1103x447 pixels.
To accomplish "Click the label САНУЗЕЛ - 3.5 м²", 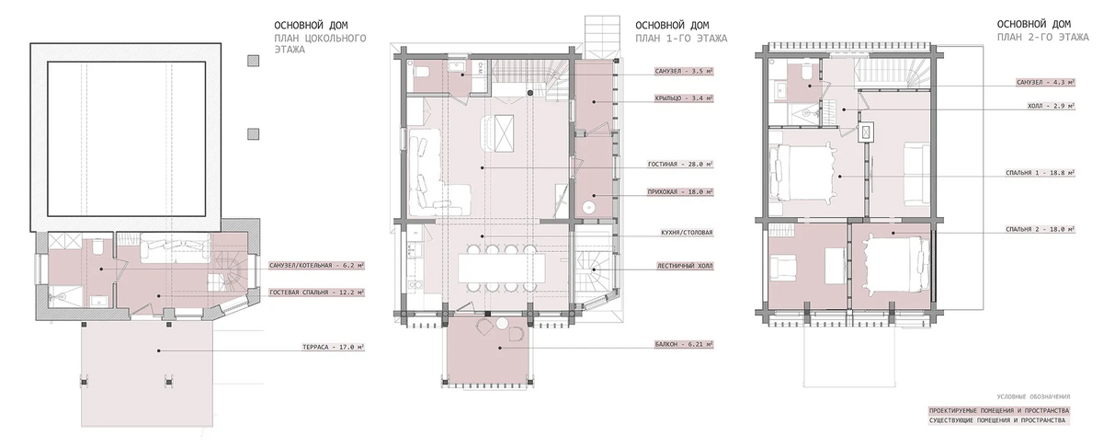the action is (x=684, y=72).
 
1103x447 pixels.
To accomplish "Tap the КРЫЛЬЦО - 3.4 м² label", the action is (x=684, y=98).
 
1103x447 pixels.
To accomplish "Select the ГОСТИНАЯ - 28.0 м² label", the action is (x=680, y=164).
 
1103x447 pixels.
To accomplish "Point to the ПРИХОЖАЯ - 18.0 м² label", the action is (x=680, y=191).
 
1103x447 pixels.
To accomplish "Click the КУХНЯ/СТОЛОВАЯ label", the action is (x=687, y=232).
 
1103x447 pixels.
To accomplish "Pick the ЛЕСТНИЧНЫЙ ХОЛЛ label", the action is (x=685, y=266).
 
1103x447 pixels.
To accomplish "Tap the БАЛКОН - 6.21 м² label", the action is (x=684, y=345).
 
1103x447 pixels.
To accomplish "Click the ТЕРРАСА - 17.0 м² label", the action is (x=334, y=347).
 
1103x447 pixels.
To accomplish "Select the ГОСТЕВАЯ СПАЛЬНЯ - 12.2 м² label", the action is (x=317, y=292).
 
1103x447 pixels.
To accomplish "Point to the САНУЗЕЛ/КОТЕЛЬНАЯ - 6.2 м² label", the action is (x=317, y=266).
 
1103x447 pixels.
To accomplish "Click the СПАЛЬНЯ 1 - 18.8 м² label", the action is (x=1040, y=173).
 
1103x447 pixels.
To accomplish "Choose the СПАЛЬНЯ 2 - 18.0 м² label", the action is (x=1040, y=229).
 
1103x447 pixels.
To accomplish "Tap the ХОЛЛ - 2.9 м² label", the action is (x=1051, y=106).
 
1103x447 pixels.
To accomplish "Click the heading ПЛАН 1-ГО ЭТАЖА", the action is (x=681, y=39).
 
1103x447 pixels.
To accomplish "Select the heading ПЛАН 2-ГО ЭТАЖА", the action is (x=1043, y=38).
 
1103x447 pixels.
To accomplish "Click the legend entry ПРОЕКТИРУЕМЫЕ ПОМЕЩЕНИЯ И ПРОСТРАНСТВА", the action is (x=999, y=410).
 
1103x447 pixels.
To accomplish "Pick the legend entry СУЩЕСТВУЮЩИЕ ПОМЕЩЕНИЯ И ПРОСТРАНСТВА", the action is (x=997, y=420).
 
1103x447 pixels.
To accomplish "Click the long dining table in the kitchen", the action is (x=502, y=268).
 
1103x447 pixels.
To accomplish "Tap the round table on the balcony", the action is (x=502, y=324).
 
